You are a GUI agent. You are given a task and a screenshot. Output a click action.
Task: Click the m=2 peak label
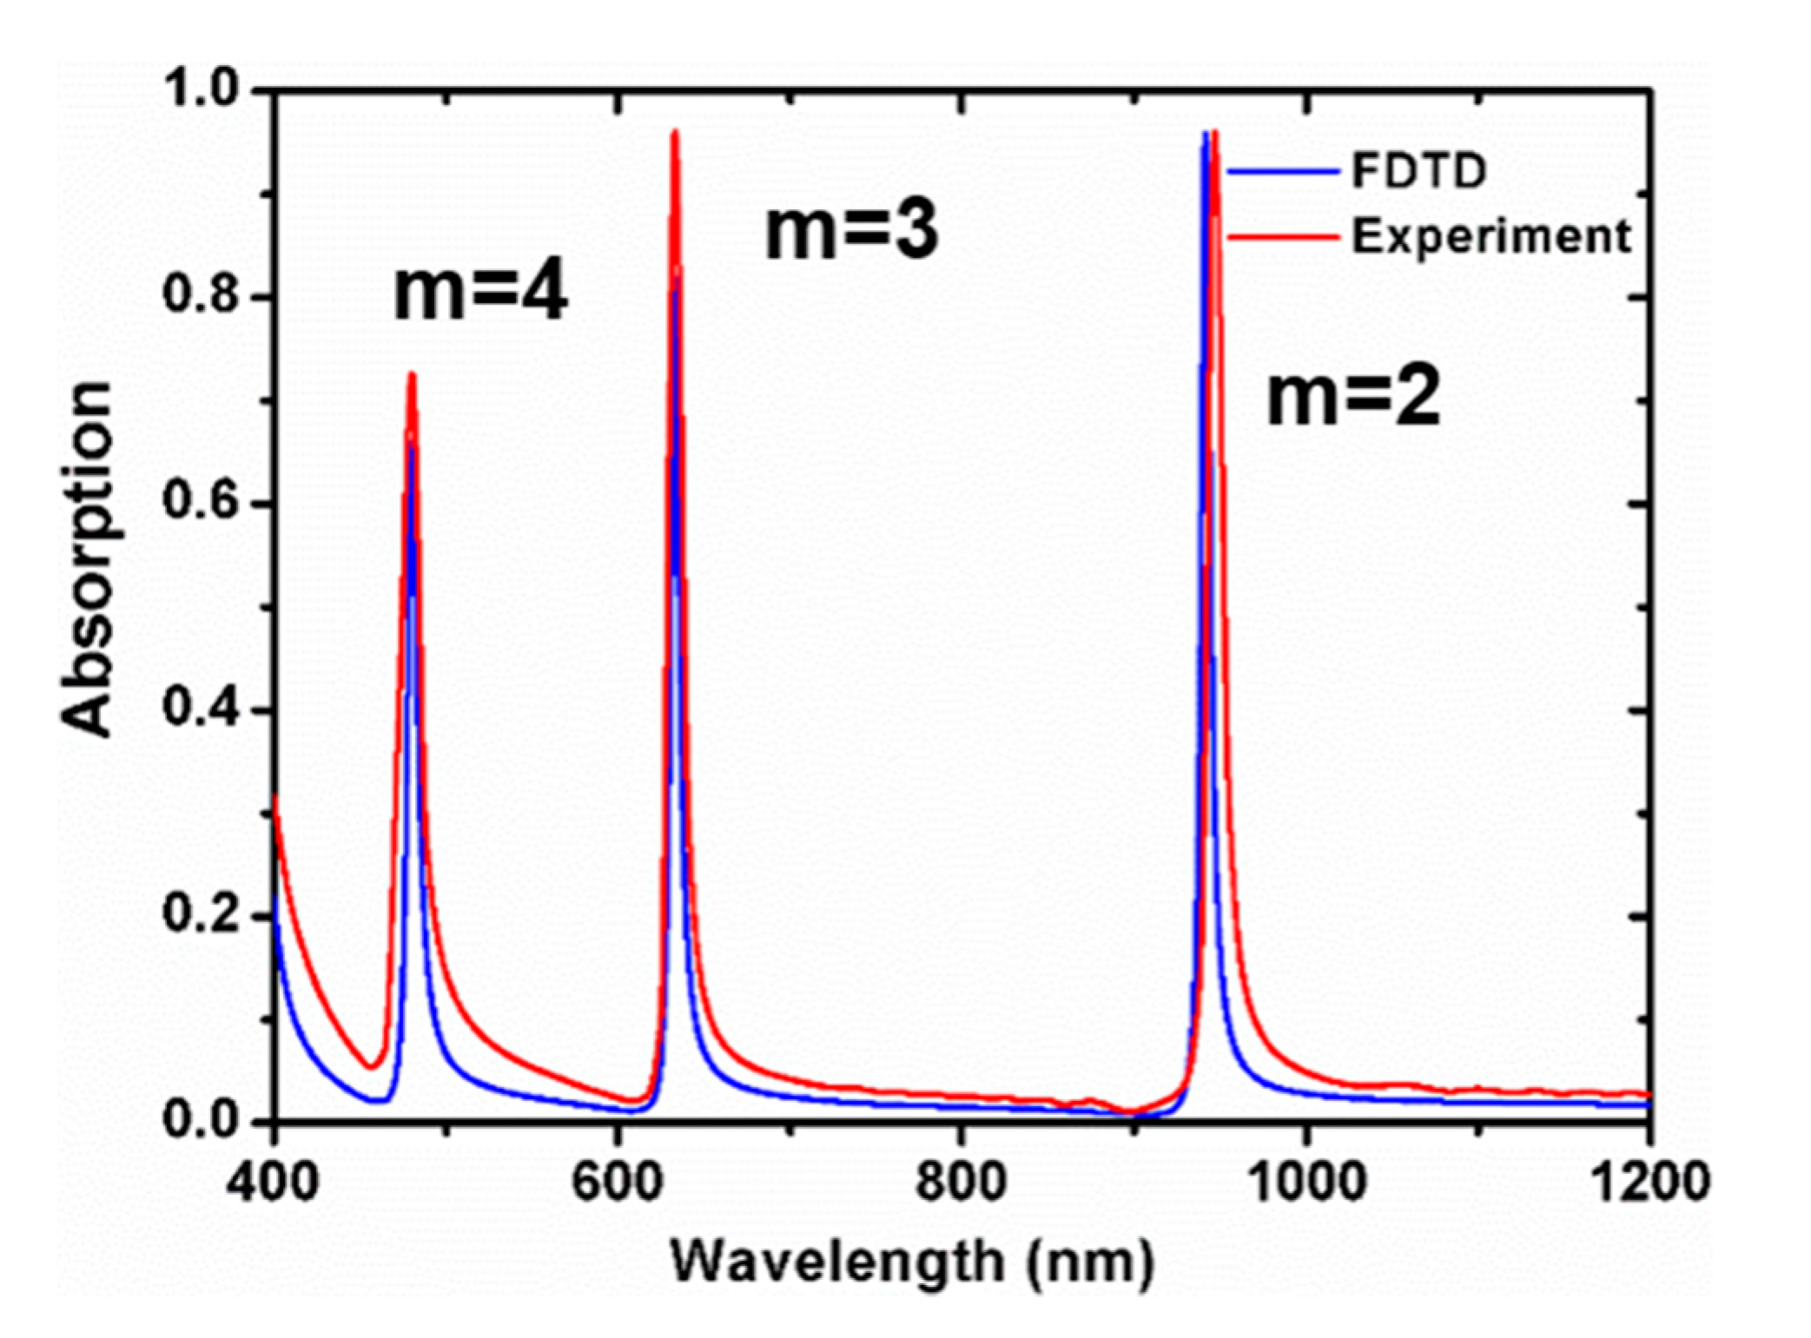click(x=1353, y=399)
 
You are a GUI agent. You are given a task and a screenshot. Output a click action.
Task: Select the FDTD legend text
click(x=1419, y=172)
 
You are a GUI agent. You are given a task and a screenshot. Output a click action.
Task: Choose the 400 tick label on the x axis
click(x=274, y=1182)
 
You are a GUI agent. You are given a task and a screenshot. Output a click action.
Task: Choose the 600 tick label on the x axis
click(x=618, y=1182)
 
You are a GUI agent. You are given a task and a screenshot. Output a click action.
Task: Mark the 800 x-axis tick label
click(x=961, y=1182)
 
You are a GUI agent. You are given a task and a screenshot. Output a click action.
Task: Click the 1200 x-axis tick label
click(x=1646, y=1182)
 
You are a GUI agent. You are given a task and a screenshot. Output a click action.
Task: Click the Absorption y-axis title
click(x=89, y=560)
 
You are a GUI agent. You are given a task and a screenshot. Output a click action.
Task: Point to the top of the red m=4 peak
click(x=412, y=375)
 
